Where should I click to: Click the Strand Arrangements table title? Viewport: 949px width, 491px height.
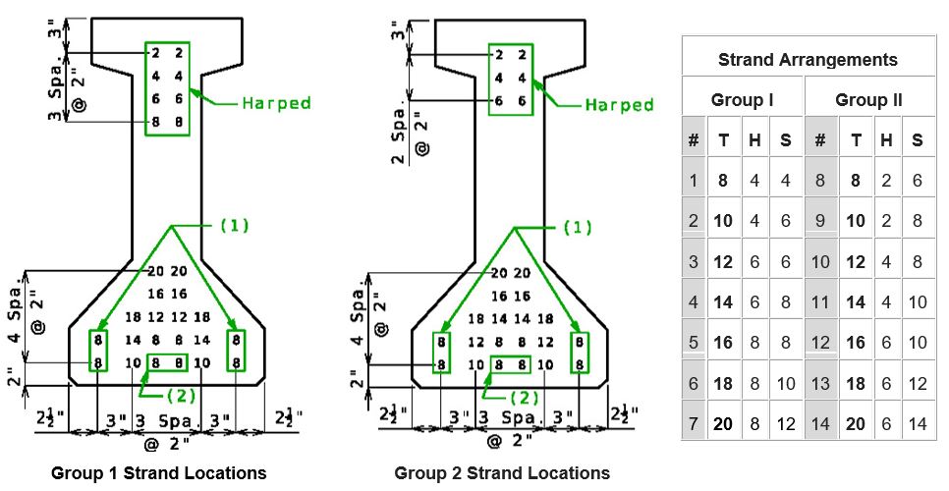point(808,60)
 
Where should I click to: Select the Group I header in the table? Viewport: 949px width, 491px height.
point(742,100)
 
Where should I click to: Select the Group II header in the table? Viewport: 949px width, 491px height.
point(868,100)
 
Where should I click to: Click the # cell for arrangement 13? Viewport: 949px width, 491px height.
point(820,383)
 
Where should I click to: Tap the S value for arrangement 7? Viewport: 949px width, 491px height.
point(786,424)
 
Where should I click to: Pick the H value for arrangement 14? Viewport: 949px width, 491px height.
point(887,424)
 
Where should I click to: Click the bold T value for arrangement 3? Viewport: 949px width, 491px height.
point(723,262)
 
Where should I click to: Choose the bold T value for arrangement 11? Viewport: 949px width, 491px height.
point(856,301)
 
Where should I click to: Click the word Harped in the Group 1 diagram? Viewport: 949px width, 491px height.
point(276,103)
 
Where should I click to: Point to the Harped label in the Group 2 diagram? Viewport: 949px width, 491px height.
point(619,105)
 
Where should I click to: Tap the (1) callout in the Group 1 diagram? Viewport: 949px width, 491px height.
point(234,226)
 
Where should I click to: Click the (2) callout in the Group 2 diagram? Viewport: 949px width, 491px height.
point(525,399)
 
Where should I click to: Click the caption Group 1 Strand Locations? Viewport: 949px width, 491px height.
point(158,473)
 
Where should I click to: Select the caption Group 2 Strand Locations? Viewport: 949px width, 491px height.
point(502,473)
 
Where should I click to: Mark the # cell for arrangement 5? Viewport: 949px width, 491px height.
point(694,343)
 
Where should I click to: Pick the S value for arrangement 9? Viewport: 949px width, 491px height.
point(918,221)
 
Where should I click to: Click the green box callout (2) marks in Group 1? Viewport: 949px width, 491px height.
point(168,362)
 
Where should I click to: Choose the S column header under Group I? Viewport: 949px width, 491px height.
point(786,140)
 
